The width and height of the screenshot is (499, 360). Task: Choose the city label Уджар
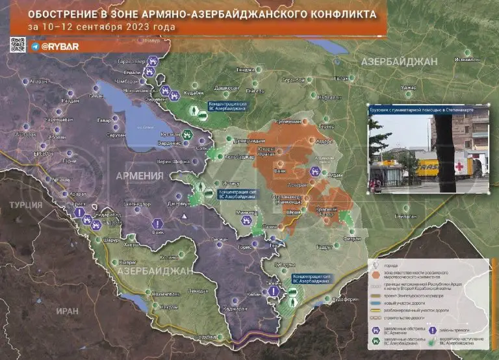pyautogui.click(x=408, y=87)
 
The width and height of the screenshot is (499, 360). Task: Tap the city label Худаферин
pyautogui.click(x=346, y=299)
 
